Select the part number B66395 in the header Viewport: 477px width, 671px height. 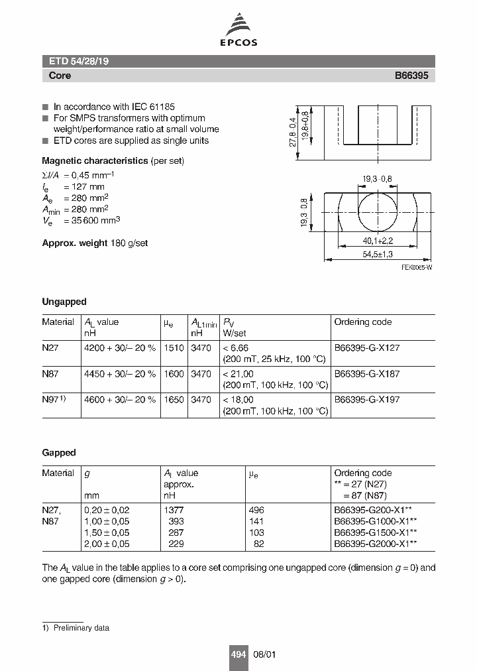coord(411,76)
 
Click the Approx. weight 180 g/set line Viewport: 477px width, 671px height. coord(95,243)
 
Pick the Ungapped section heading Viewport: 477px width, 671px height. coord(64,302)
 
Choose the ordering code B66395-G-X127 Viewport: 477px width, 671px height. coord(366,347)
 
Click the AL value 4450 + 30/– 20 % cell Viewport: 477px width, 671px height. coord(120,374)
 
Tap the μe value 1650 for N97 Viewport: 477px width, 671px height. coord(174,400)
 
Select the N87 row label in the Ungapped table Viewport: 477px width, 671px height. coord(50,374)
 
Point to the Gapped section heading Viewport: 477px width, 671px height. coord(59,453)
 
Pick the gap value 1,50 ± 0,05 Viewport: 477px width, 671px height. coord(107,532)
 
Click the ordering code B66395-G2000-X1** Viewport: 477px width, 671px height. coord(375,544)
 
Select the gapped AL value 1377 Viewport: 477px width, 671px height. coord(173,510)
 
